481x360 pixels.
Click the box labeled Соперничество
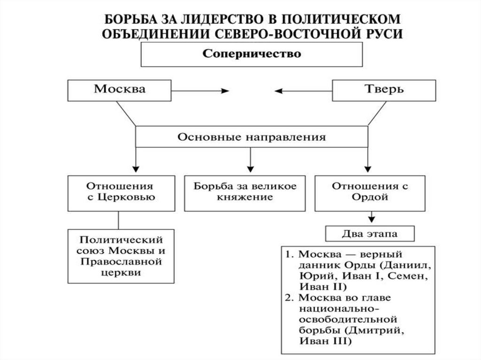click(x=251, y=54)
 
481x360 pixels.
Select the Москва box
click(x=119, y=90)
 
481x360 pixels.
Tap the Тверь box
click(x=383, y=90)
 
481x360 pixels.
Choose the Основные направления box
click(x=251, y=138)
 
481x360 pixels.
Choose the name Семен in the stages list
click(x=410, y=276)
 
